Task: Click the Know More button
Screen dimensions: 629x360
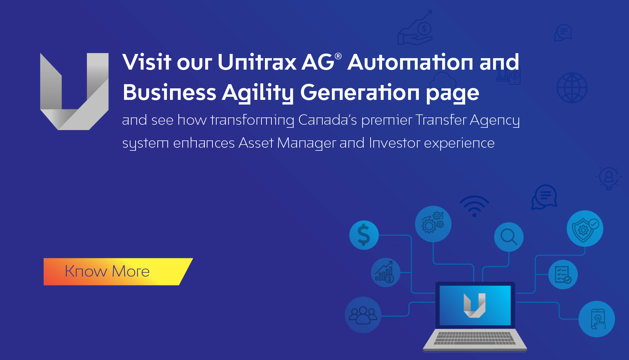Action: click(118, 272)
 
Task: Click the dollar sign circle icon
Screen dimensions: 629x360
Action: click(364, 235)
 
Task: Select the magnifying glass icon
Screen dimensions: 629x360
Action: click(509, 237)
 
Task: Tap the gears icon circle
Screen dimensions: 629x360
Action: click(433, 224)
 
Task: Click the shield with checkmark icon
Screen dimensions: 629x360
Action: click(585, 229)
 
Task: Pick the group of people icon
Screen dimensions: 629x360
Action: click(363, 315)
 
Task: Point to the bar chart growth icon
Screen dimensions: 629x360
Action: click(386, 272)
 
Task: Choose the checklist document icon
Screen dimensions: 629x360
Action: click(563, 274)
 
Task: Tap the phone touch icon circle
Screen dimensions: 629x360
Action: click(597, 319)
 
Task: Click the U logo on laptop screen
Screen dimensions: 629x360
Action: click(475, 305)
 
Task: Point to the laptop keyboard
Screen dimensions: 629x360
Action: click(475, 338)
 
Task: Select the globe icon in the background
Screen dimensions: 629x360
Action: click(572, 88)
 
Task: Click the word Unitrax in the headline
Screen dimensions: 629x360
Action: click(257, 62)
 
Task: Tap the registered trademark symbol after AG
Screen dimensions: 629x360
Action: click(338, 56)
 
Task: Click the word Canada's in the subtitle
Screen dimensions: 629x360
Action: click(327, 120)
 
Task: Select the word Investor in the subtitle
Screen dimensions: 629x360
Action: click(395, 143)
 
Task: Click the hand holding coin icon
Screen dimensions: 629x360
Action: click(415, 28)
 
